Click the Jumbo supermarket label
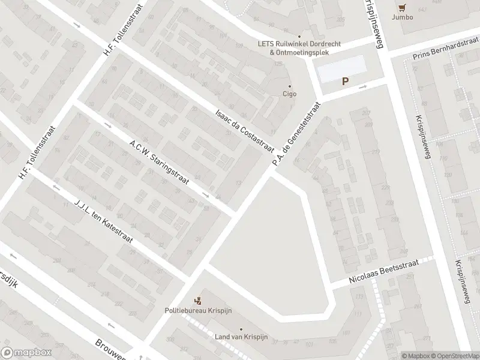coord(403,17)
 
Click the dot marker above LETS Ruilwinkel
coord(299,36)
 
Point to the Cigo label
coord(290,94)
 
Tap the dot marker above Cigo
coord(290,85)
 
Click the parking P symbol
coord(345,82)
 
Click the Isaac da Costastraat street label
coord(245,131)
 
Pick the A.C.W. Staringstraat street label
coord(159,162)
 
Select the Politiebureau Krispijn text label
coord(198,311)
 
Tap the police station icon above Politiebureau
coord(197,301)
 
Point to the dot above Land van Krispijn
coord(241,329)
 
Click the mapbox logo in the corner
coord(26,353)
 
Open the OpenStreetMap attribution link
coord(455,355)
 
